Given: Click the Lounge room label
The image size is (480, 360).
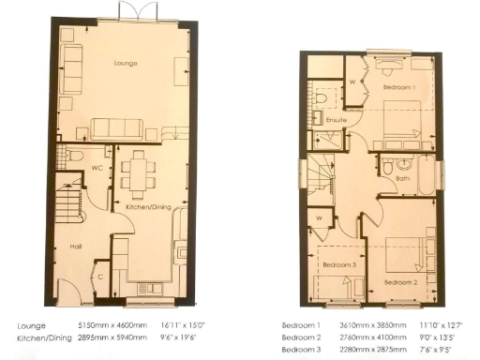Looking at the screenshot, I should point(126,63).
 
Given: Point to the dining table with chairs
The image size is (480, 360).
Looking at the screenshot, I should point(139,173).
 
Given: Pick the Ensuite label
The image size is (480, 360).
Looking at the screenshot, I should point(336,121).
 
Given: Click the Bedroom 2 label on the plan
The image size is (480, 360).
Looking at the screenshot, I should point(401,281).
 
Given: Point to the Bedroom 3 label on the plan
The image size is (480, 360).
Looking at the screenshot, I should point(338,265).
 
